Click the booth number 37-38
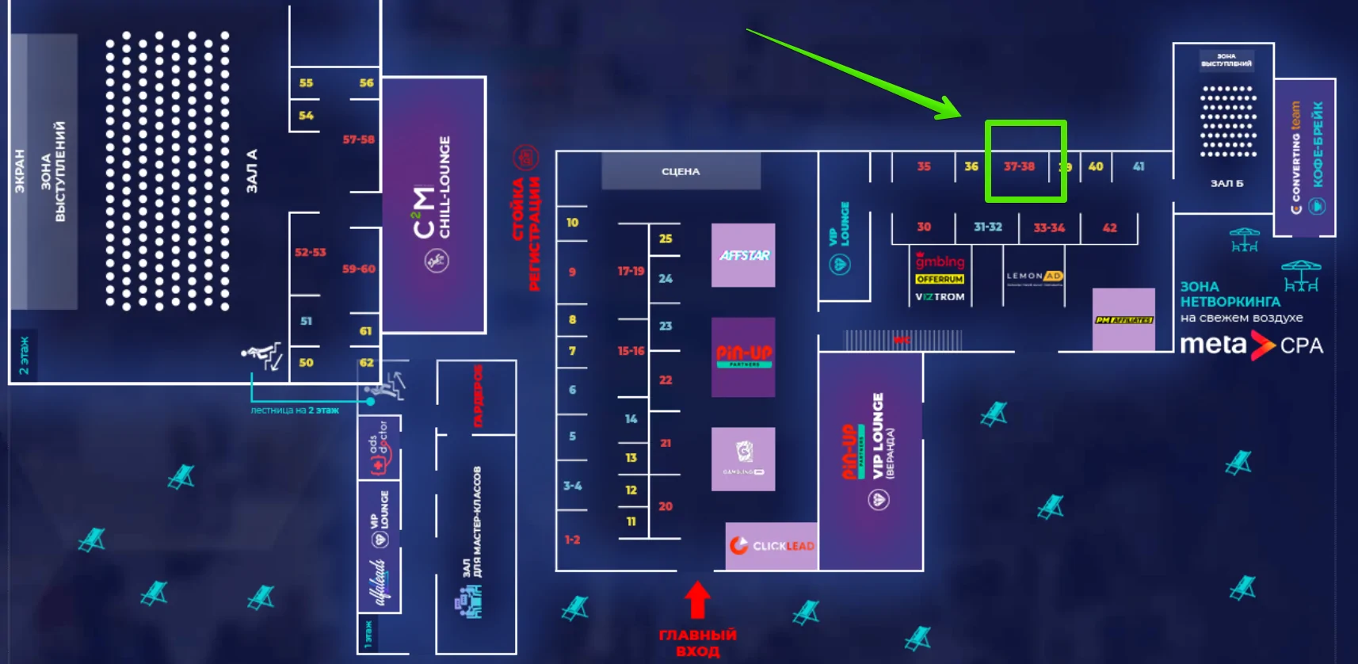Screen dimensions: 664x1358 [x=1019, y=166]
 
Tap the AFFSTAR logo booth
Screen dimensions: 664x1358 [x=743, y=255]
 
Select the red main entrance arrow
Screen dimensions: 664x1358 [x=697, y=600]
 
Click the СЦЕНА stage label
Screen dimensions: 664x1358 [x=681, y=171]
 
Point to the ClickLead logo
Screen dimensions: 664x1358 [x=772, y=546]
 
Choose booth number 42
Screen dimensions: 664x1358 [x=1109, y=227]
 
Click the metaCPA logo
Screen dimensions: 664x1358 [x=1251, y=345]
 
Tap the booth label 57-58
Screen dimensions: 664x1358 [x=358, y=139]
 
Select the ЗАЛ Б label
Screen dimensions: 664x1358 [x=1226, y=183]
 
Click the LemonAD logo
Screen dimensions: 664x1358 [x=1034, y=277]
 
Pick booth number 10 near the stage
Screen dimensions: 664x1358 [x=572, y=223]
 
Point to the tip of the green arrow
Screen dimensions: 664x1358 [x=960, y=115]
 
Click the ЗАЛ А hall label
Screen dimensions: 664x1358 [x=252, y=171]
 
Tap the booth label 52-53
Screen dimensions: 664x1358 [x=310, y=252]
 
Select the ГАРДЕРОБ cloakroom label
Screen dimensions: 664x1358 [x=478, y=395]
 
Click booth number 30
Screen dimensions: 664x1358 [x=924, y=227]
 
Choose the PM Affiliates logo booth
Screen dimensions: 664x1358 [x=1123, y=319]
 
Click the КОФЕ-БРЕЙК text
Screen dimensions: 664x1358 [x=1318, y=144]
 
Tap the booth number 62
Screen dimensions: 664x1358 [x=366, y=362]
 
